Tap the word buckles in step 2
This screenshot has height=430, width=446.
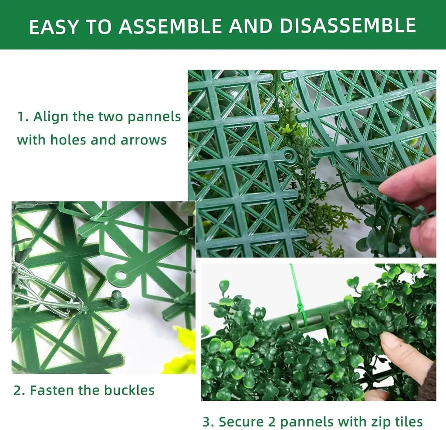[x=129, y=390]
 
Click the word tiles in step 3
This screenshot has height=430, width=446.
[x=405, y=422]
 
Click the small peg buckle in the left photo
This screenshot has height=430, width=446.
[x=115, y=299]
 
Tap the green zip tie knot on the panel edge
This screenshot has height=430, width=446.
[x=301, y=311]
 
